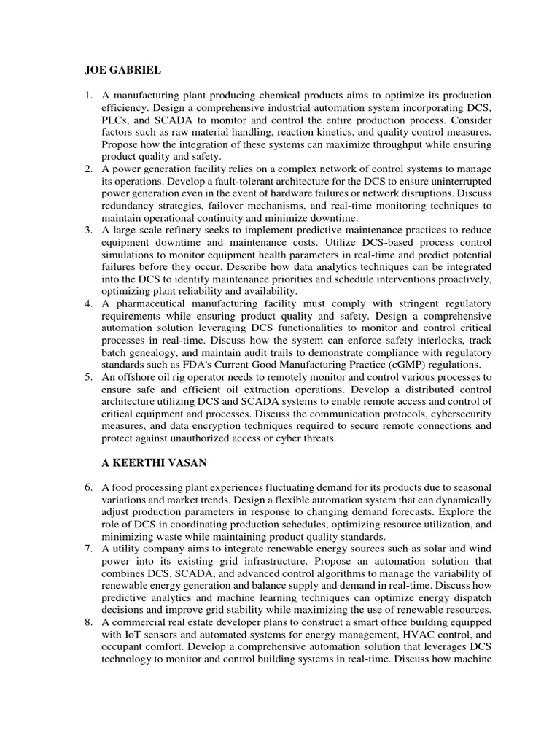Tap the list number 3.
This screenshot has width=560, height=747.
pyautogui.click(x=89, y=231)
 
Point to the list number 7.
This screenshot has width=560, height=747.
pyautogui.click(x=89, y=547)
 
